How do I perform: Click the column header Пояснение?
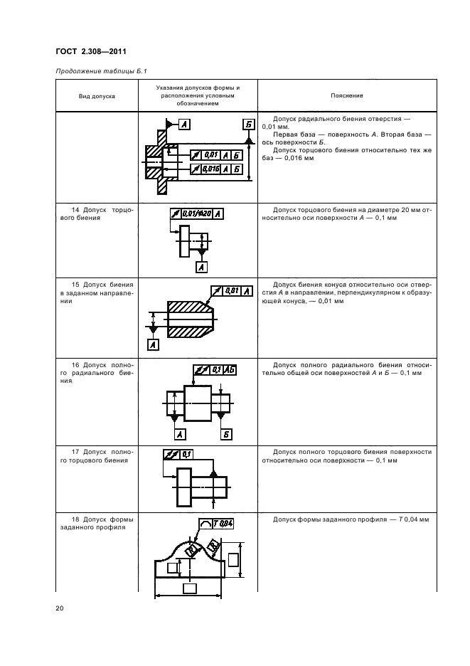(x=346, y=95)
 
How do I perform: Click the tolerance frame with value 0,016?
(x=216, y=169)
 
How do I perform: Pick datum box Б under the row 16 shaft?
(x=227, y=434)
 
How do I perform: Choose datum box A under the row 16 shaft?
(x=180, y=434)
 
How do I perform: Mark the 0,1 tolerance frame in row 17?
(x=178, y=453)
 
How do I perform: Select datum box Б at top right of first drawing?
(x=248, y=125)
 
